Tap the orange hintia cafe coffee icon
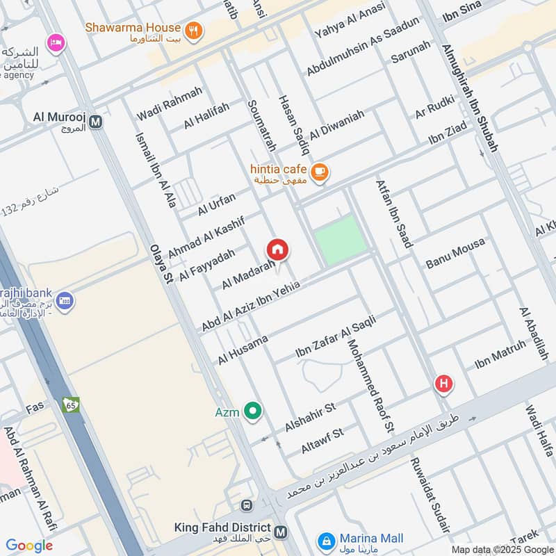pyautogui.click(x=320, y=171)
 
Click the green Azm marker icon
pyautogui.click(x=253, y=412)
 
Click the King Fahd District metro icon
pyautogui.click(x=280, y=532)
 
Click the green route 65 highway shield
pyautogui.click(x=70, y=404)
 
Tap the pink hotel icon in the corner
pyautogui.click(x=55, y=43)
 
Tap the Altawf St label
pyautogui.click(x=322, y=441)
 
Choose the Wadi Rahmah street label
pyautogui.click(x=170, y=103)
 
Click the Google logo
pyautogui.click(x=29, y=546)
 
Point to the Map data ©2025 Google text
pyautogui.click(x=501, y=549)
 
